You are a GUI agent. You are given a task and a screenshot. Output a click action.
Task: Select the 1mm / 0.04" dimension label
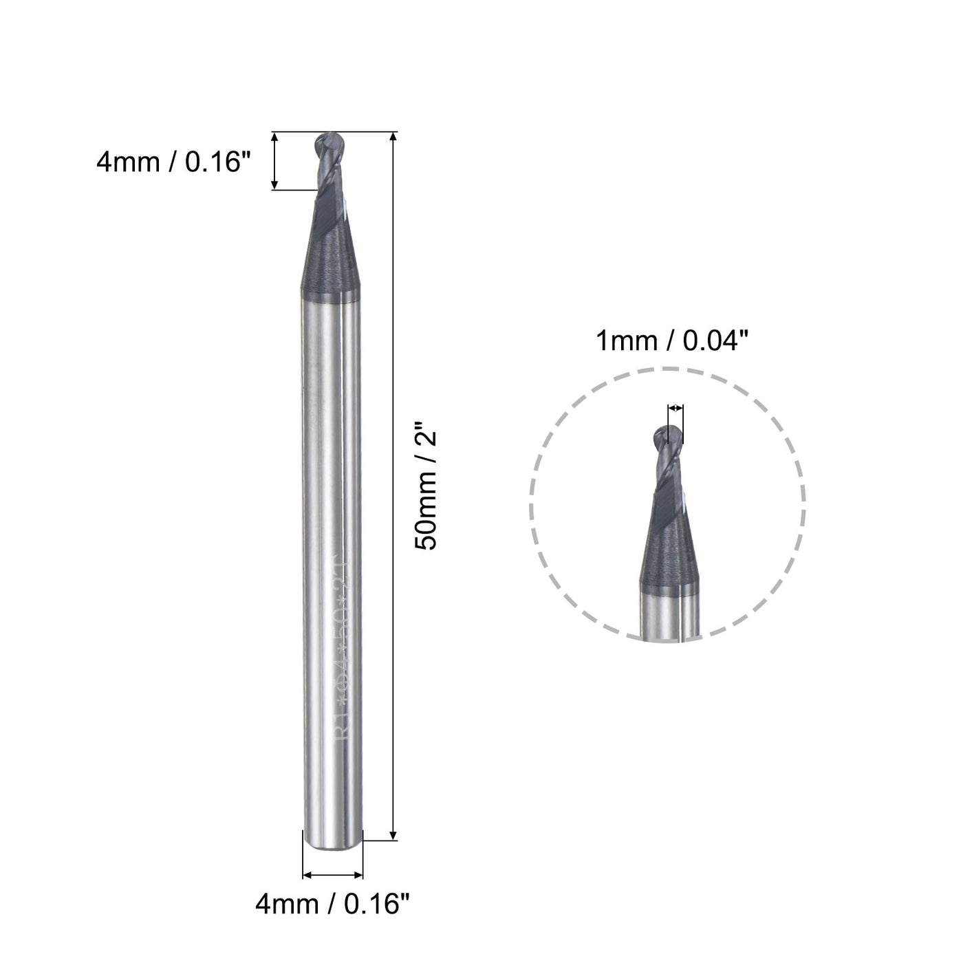click(x=671, y=340)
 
